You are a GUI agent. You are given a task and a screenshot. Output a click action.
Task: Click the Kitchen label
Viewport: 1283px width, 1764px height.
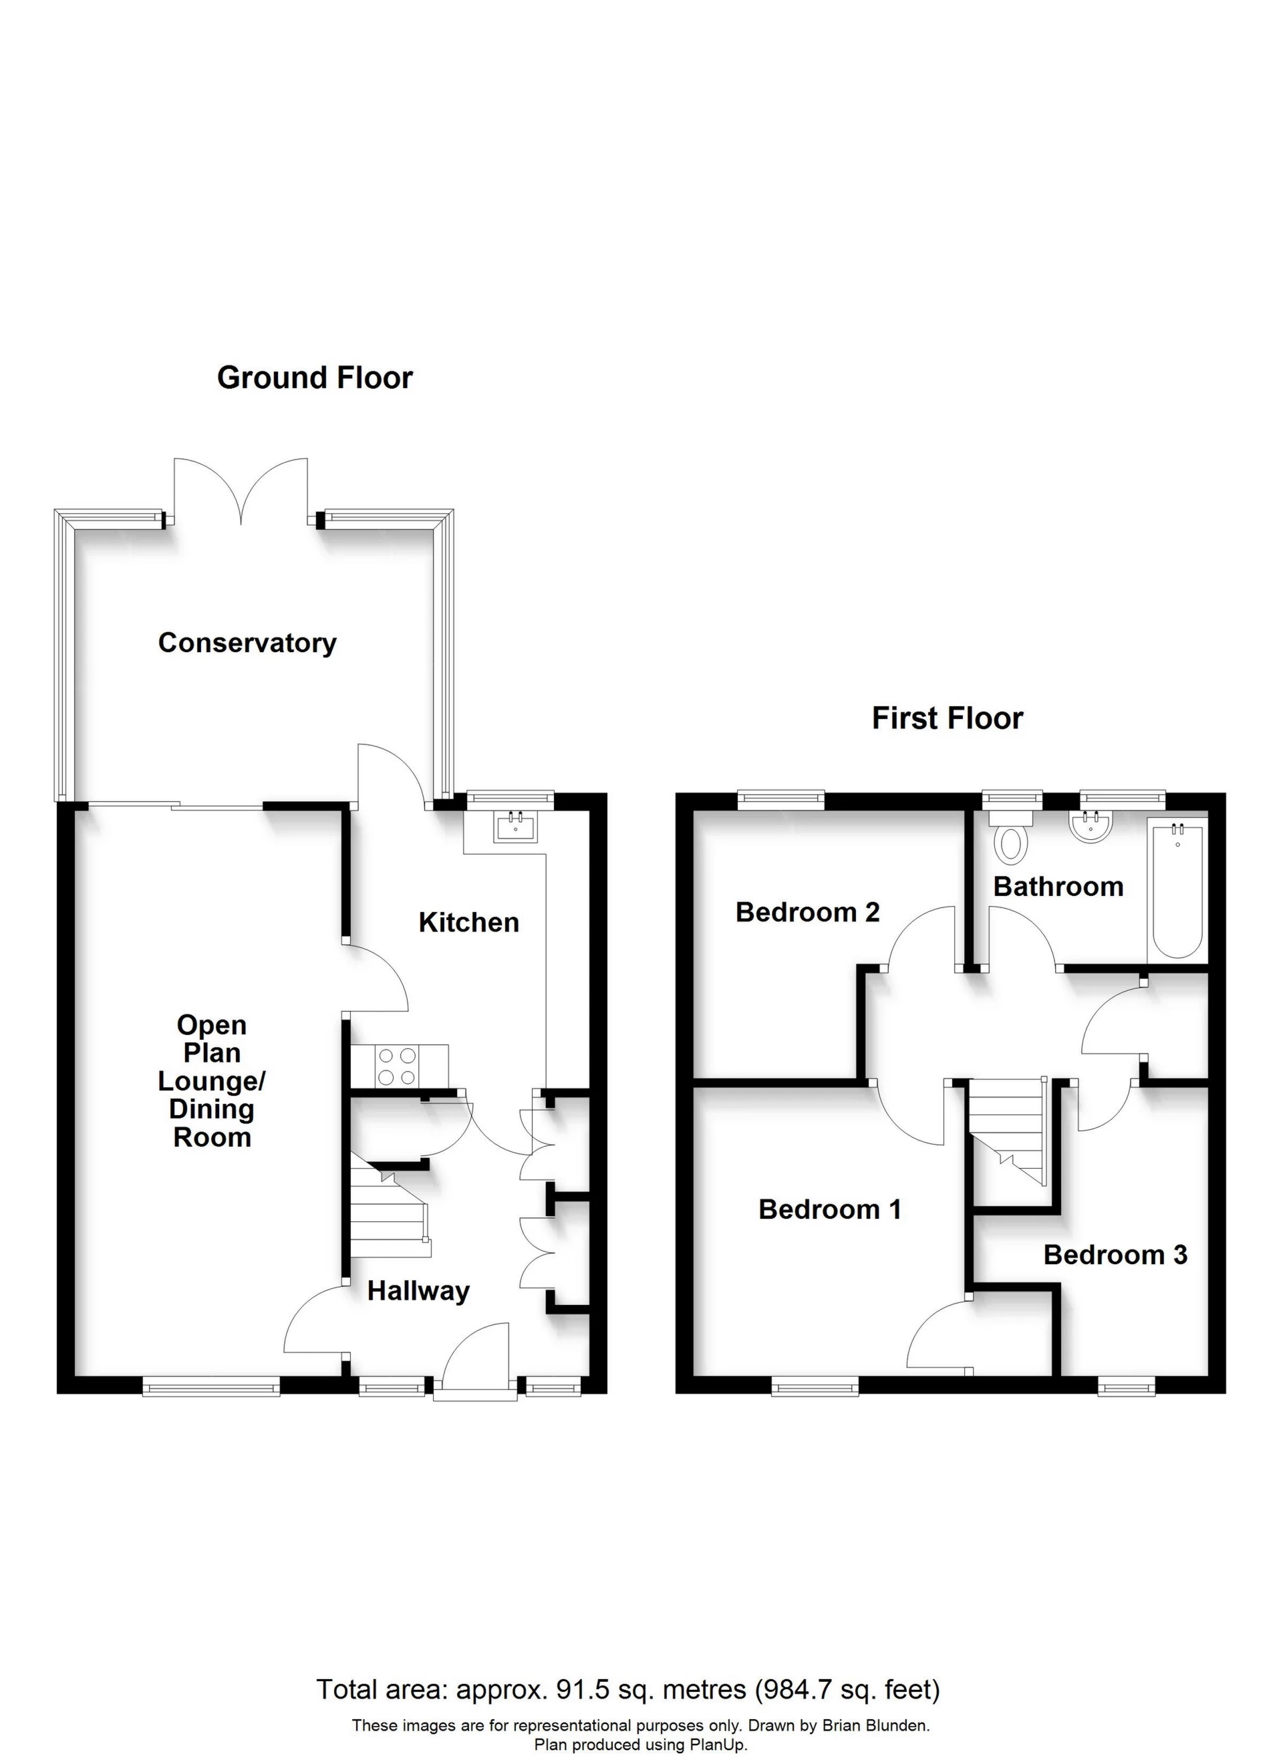tap(468, 923)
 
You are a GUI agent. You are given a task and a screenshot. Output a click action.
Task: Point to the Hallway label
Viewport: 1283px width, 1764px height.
tap(418, 1291)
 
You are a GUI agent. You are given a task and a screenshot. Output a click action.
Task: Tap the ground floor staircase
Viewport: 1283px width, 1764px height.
tap(388, 1213)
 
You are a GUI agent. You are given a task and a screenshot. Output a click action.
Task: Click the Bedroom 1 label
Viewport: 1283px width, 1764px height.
tap(829, 1209)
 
